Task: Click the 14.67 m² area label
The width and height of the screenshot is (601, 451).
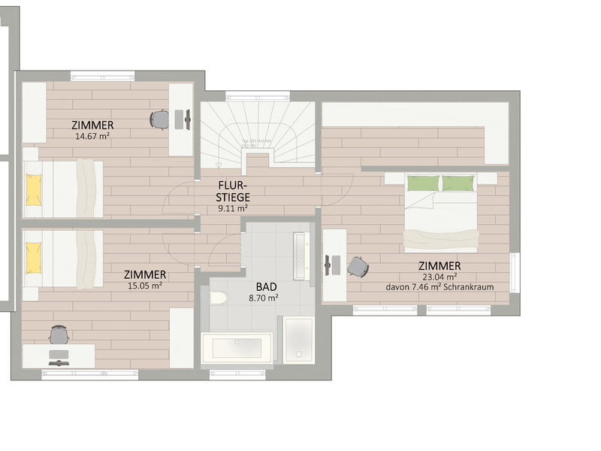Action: [x=93, y=137]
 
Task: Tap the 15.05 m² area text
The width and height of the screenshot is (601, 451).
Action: [x=146, y=286]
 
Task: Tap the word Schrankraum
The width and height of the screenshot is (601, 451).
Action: [x=470, y=287]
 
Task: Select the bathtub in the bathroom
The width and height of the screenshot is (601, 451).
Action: [x=237, y=350]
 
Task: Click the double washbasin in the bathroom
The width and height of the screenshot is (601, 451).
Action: [x=302, y=255]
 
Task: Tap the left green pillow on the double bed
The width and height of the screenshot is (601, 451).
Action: [x=422, y=183]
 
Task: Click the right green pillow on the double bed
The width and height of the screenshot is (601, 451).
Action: [x=458, y=183]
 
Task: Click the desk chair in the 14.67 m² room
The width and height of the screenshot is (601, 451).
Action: [x=159, y=119]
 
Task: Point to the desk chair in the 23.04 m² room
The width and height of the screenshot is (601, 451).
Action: [x=358, y=266]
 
